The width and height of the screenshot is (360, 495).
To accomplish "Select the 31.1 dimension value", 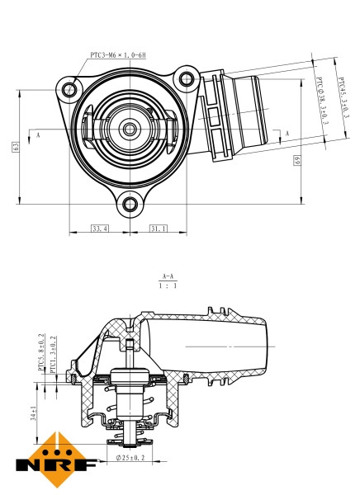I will click(x=159, y=228).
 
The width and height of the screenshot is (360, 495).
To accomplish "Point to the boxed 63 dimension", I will click(x=15, y=146).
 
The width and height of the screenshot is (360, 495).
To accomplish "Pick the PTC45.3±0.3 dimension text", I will click(x=343, y=98).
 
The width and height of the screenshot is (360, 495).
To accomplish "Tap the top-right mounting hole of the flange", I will click(x=187, y=79).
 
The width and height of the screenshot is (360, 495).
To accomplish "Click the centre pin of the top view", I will click(x=130, y=129).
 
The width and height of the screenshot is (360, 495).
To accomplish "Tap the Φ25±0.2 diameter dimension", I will click(x=130, y=456).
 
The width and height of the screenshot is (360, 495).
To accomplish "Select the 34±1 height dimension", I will click(x=32, y=413).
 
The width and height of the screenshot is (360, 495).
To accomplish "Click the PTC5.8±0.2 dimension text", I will click(x=40, y=356).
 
